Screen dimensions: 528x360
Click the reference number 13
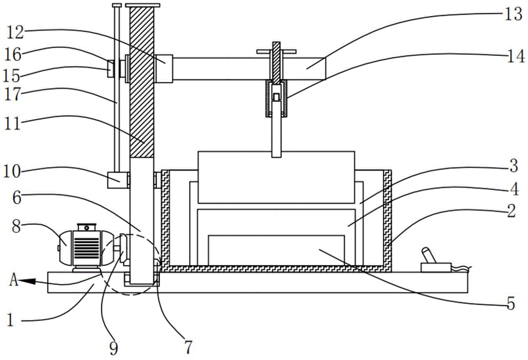pyautogui.click(x=513, y=14)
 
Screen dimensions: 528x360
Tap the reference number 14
pyautogui.click(x=516, y=56)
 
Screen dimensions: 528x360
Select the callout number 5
pyautogui.click(x=511, y=304)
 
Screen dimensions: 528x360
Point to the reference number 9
pyautogui.click(x=114, y=348)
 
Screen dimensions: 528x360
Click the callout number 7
pyautogui.click(x=188, y=347)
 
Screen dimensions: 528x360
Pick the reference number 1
pyautogui.click(x=11, y=319)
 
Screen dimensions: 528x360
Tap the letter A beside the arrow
pyautogui.click(x=14, y=280)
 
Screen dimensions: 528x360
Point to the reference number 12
pyautogui.click(x=15, y=33)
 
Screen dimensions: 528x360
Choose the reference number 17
pyautogui.click(x=13, y=94)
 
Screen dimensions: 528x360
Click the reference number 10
pyautogui.click(x=12, y=172)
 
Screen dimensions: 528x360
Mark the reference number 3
pyautogui.click(x=513, y=166)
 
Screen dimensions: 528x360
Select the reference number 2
pyautogui.click(x=512, y=211)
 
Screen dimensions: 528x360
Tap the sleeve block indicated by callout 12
pyautogui.click(x=164, y=68)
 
